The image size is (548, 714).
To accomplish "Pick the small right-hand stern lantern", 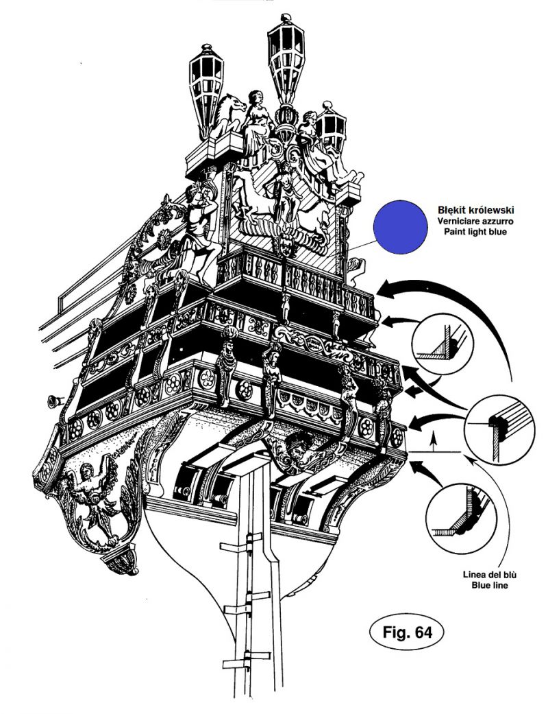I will (331, 127).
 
